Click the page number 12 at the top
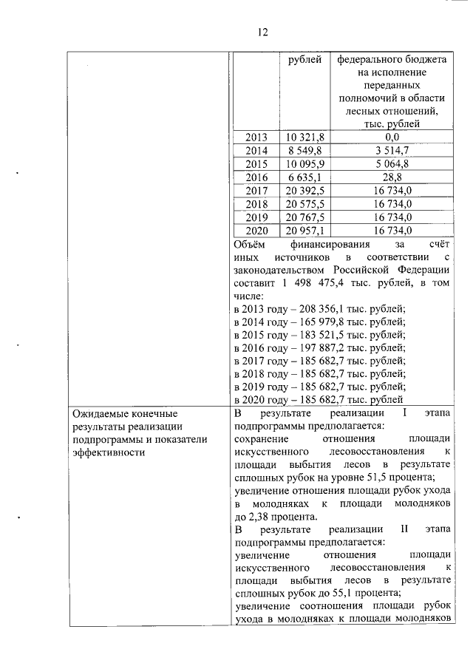point(262,33)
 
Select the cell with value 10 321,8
point(304,137)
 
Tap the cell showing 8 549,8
point(304,150)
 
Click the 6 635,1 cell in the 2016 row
point(304,177)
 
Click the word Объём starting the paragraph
point(249,242)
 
